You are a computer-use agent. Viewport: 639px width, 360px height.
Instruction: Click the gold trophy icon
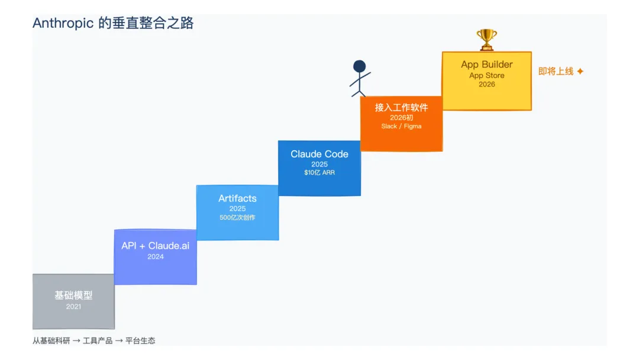[487, 40]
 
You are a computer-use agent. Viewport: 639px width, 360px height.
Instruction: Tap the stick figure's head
[359, 66]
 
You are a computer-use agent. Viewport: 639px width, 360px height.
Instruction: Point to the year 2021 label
[73, 307]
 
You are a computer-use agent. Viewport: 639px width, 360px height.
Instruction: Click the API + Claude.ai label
[156, 246]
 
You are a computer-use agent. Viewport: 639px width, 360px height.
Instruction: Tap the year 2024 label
[156, 257]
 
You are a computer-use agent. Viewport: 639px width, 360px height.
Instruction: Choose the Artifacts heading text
[237, 198]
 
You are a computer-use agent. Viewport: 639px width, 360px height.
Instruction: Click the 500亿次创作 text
[237, 217]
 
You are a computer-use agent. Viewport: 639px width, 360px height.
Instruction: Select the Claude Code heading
[319, 154]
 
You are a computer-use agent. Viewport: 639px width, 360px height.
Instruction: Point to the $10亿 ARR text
[319, 173]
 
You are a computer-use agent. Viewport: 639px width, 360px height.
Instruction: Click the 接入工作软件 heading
[401, 108]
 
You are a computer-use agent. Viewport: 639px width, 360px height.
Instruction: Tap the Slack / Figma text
[401, 126]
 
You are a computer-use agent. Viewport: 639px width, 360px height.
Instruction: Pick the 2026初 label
[401, 118]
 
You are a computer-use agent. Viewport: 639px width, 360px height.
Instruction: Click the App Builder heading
[487, 65]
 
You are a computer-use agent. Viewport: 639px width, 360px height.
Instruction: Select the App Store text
[487, 75]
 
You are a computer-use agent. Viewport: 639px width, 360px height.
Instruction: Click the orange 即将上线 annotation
[556, 71]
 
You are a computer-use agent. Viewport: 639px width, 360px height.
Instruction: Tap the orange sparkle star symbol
[580, 71]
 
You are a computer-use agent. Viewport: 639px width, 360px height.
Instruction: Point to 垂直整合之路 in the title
[160, 24]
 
